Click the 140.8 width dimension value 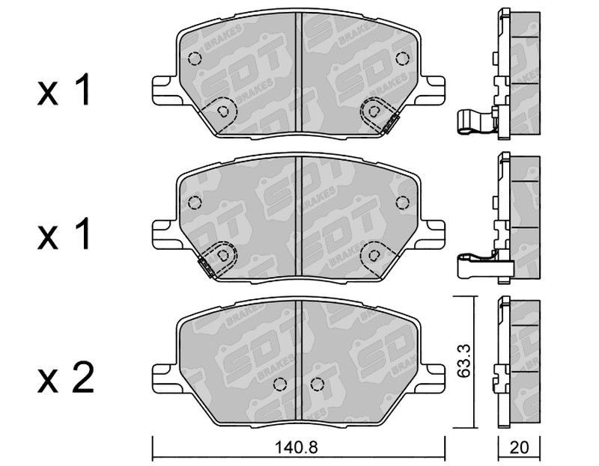click(x=296, y=447)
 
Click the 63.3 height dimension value click(x=464, y=361)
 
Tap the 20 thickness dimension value click(x=519, y=447)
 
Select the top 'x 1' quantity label click(x=64, y=90)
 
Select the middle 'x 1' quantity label click(x=64, y=233)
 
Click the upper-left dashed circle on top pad click(x=195, y=58)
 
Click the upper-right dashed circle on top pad click(x=402, y=58)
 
